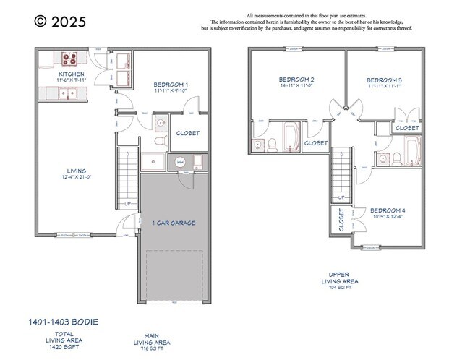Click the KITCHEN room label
tap(72, 74)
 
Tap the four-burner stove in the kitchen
tap(71, 59)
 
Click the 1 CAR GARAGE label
tap(174, 223)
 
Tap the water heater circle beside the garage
tap(179, 163)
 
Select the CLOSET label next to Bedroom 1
tap(187, 133)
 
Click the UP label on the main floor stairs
tap(128, 204)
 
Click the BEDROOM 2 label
tap(296, 80)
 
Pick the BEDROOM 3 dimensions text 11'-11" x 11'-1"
tap(384, 87)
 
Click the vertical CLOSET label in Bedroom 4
tap(341, 220)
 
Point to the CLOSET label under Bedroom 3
tap(407, 128)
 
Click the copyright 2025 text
tap(60, 22)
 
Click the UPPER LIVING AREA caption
tap(339, 278)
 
